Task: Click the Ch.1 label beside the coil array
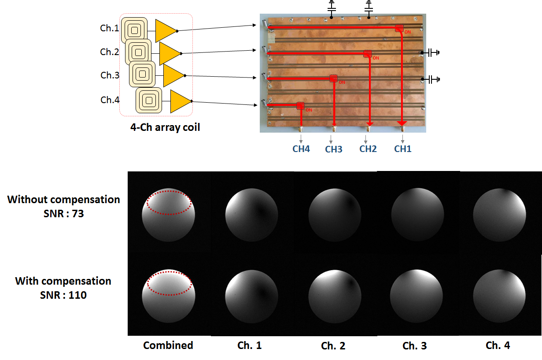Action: (x=109, y=29)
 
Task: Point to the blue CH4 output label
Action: (x=301, y=149)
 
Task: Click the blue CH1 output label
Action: (x=402, y=149)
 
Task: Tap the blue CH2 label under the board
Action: (x=368, y=149)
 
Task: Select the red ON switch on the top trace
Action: (x=399, y=29)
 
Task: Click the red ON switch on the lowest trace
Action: (x=301, y=106)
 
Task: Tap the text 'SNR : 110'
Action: (x=63, y=295)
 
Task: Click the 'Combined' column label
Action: (x=168, y=345)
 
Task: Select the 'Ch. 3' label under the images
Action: (x=414, y=346)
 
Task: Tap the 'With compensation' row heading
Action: (x=63, y=281)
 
